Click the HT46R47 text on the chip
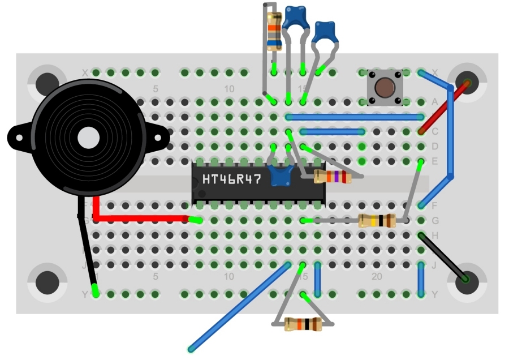pyautogui.click(x=232, y=180)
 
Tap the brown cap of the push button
pyautogui.click(x=385, y=88)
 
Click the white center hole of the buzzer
pyautogui.click(x=88, y=138)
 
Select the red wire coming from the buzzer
pyautogui.click(x=141, y=218)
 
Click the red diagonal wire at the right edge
pyautogui.click(x=444, y=108)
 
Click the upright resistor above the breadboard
pyautogui.click(x=274, y=31)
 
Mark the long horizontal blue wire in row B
pyautogui.click(x=355, y=117)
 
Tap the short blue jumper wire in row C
pyautogui.click(x=333, y=132)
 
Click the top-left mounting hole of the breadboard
pyautogui.click(x=48, y=83)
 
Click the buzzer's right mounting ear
pyautogui.click(x=159, y=136)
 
